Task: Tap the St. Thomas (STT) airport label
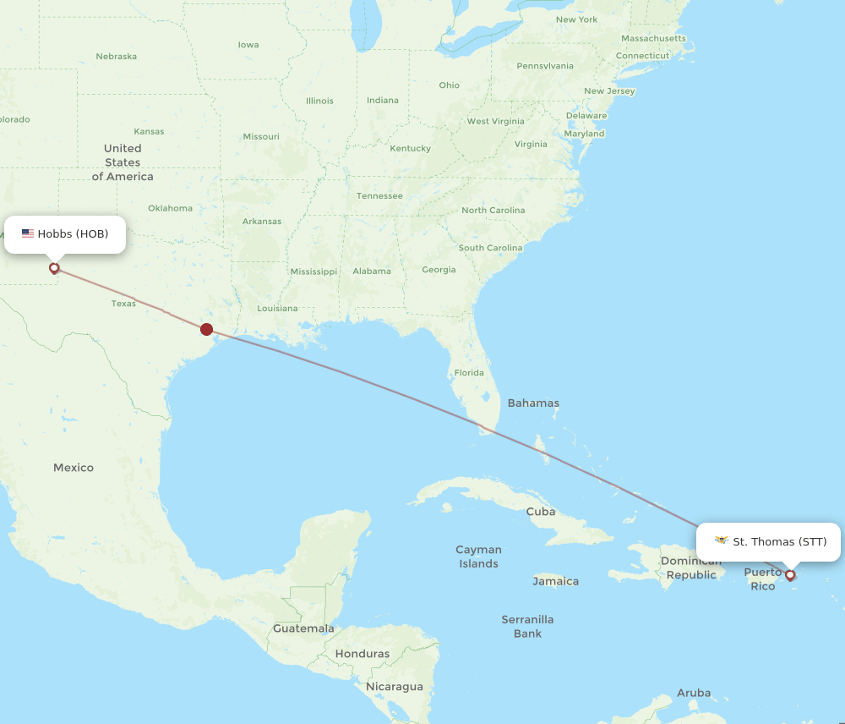point(768,541)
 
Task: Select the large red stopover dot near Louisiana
point(206,329)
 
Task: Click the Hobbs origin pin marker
point(54,268)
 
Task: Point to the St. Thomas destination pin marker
point(790,575)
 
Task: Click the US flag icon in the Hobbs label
point(28,234)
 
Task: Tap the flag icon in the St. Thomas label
point(721,540)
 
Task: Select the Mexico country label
point(74,468)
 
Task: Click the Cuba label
point(541,512)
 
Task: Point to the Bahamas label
point(533,403)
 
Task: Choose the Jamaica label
point(555,581)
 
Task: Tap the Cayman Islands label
point(478,557)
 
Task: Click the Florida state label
point(469,373)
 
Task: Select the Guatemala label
point(303,628)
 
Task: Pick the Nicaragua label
point(395,687)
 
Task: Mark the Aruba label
point(694,693)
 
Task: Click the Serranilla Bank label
point(527,627)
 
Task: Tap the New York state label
point(576,19)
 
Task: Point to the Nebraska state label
point(116,57)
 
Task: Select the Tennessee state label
point(379,196)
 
